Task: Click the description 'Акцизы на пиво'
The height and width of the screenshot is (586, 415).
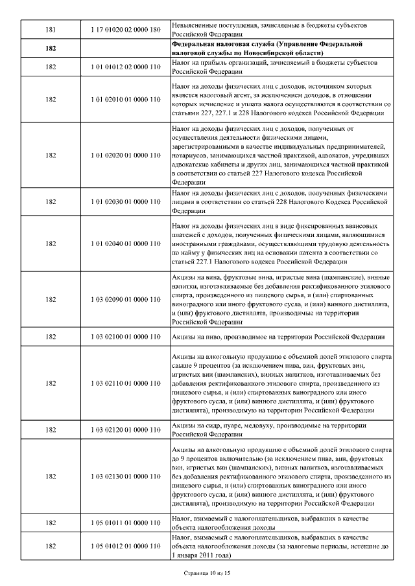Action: (278, 337)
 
